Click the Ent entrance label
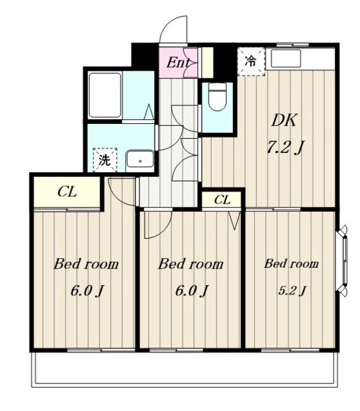pyautogui.click(x=178, y=63)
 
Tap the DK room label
pyautogui.click(x=284, y=120)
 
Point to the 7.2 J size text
pyautogui.click(x=285, y=147)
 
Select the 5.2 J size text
pyautogui.click(x=292, y=290)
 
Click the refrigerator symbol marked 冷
pyautogui.click(x=251, y=62)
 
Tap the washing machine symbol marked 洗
pyautogui.click(x=105, y=160)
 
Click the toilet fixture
pyautogui.click(x=218, y=96)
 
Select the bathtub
pyautogui.click(x=105, y=95)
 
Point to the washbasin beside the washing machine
pyautogui.click(x=140, y=159)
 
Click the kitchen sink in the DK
pyautogui.click(x=286, y=58)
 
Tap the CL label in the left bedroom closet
pyautogui.click(x=67, y=192)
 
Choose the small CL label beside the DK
pyautogui.click(x=222, y=200)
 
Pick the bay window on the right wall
pyautogui.click(x=343, y=261)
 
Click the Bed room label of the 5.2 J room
pyautogui.click(x=291, y=263)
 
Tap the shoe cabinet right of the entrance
pyautogui.click(x=207, y=63)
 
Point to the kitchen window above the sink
pyautogui.click(x=293, y=44)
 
